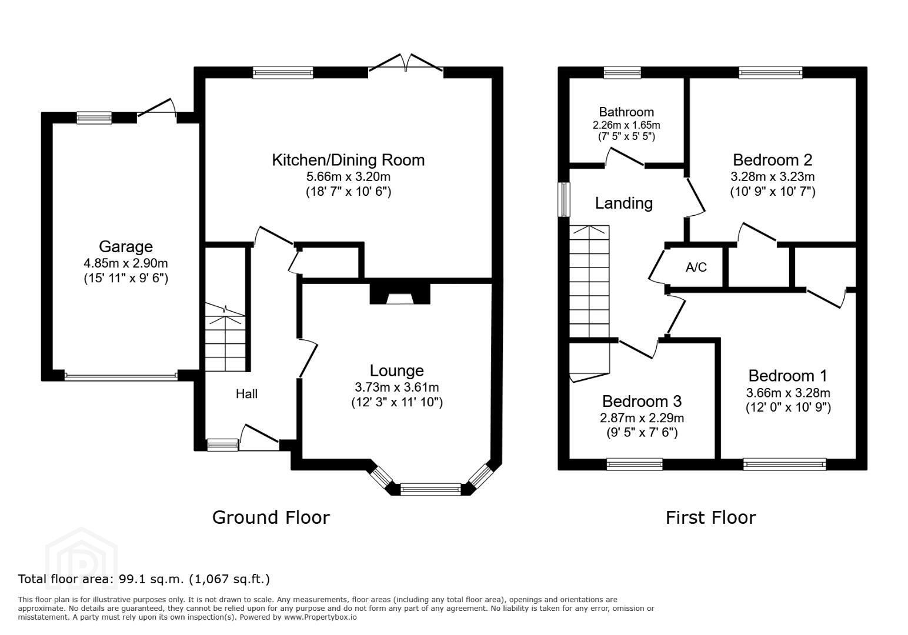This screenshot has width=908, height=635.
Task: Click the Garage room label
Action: click(x=126, y=246)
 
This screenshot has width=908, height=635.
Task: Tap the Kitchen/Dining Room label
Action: click(x=348, y=160)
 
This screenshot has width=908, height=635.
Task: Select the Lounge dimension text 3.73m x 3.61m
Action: click(x=397, y=387)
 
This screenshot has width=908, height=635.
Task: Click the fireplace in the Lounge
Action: click(x=400, y=294)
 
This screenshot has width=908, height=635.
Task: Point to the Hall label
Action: click(x=246, y=394)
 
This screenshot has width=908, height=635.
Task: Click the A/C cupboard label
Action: click(x=696, y=267)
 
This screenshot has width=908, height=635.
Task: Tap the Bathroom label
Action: click(x=626, y=112)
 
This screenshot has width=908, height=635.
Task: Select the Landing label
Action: click(x=624, y=203)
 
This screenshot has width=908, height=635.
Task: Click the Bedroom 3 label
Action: click(x=642, y=401)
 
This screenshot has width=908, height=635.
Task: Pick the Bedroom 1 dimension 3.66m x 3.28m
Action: click(x=788, y=393)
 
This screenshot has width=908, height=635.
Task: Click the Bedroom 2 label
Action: click(x=773, y=160)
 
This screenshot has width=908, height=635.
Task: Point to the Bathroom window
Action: click(x=622, y=72)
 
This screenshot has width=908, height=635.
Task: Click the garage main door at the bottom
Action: click(x=121, y=376)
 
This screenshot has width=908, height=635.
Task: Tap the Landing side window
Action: click(x=564, y=199)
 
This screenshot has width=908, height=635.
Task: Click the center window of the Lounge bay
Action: click(x=430, y=489)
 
